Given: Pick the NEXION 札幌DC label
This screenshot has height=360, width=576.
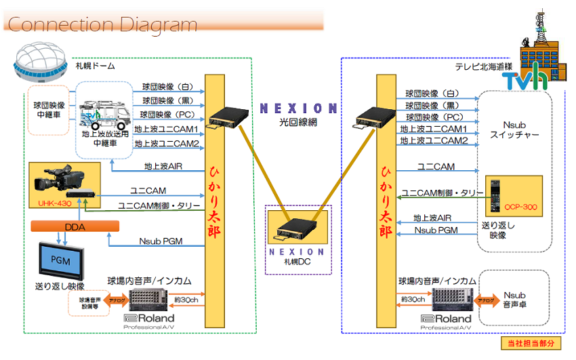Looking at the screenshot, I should (x=297, y=256).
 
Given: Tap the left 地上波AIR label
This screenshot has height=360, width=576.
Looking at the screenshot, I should (x=163, y=166).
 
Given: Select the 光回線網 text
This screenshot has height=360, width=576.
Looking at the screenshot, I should (x=297, y=123).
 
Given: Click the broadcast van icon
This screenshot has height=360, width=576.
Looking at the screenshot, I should (x=102, y=117).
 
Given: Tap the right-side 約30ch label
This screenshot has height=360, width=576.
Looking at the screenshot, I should (x=413, y=299).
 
